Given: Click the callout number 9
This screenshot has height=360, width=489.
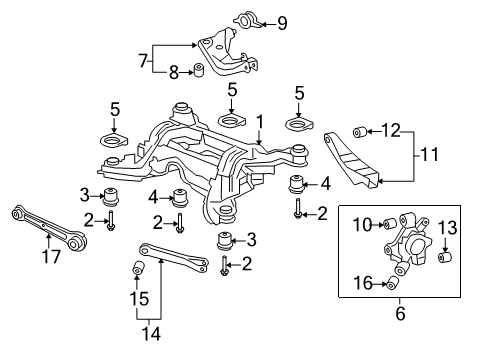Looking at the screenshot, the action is pos(282,24).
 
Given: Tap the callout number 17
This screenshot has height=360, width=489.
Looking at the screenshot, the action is pos(51,256).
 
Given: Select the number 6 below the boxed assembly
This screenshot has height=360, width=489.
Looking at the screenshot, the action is pos(400,313).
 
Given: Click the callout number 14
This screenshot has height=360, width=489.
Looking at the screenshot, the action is pos(151,333).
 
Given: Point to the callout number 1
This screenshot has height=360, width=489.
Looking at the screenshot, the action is pos(260,122).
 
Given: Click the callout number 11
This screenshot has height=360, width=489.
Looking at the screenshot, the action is pos(430,154).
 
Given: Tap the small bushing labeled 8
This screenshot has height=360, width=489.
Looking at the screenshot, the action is pos(199,69).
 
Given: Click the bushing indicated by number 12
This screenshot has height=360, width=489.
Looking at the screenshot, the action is pos(360,132).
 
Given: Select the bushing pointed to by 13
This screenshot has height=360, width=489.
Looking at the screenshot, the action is pos(444,257).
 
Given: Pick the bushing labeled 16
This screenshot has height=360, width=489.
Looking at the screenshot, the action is pos(392,284).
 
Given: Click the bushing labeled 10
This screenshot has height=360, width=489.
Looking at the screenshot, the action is pos(389,224).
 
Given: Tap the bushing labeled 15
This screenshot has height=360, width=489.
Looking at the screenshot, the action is pos(138,267).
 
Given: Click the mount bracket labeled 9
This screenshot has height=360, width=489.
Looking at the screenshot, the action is pos(247,21).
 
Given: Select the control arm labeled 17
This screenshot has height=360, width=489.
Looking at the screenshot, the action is pos(49,227).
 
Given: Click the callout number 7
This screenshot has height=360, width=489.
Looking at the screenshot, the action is pos(143,61).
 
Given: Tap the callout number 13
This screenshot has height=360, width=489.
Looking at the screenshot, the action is pos(447,228).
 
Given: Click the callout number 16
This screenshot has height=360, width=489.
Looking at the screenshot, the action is pos(363,283).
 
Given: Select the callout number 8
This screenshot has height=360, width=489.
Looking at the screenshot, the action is pos(174,72).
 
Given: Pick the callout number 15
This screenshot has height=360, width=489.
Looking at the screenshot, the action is pos(139,298).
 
